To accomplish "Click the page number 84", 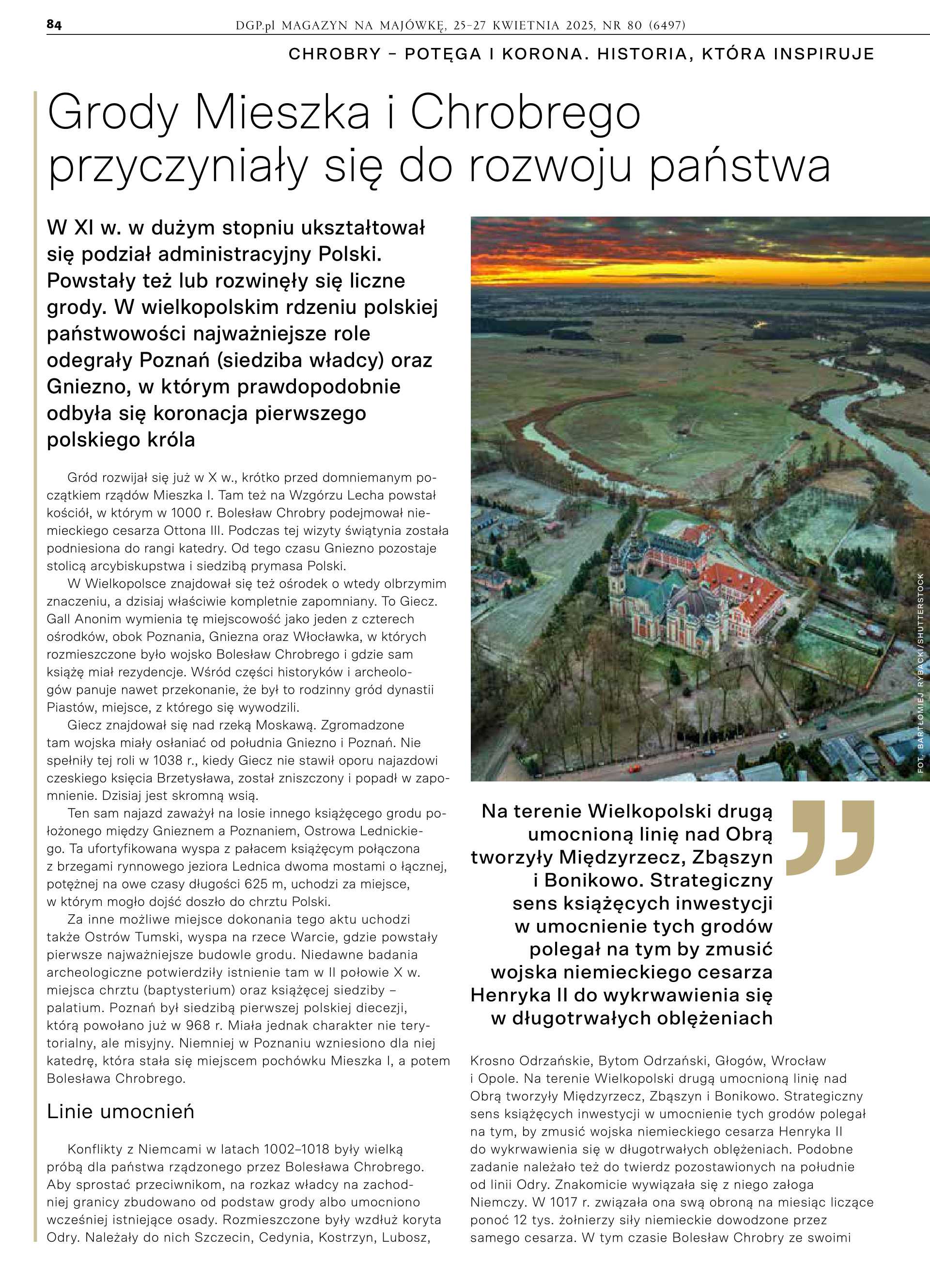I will [54, 25].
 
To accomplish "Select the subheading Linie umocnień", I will [120, 1111].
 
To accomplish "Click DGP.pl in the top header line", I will [255, 25].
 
